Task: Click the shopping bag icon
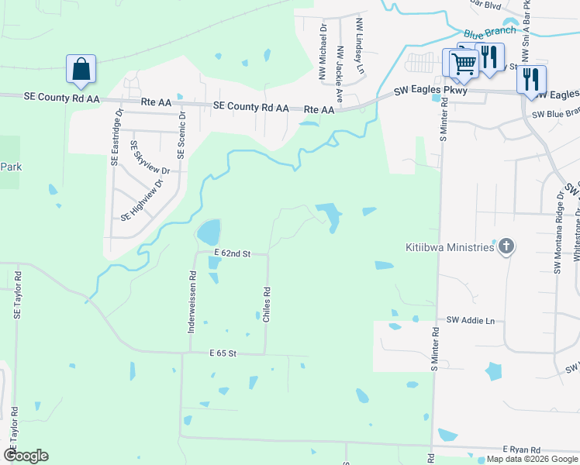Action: click(81, 69)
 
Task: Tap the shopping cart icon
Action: click(463, 64)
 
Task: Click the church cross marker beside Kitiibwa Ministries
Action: click(506, 246)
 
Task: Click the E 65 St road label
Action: click(222, 353)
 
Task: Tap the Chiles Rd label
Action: click(267, 305)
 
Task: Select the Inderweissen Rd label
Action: click(192, 302)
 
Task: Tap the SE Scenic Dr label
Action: click(182, 133)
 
